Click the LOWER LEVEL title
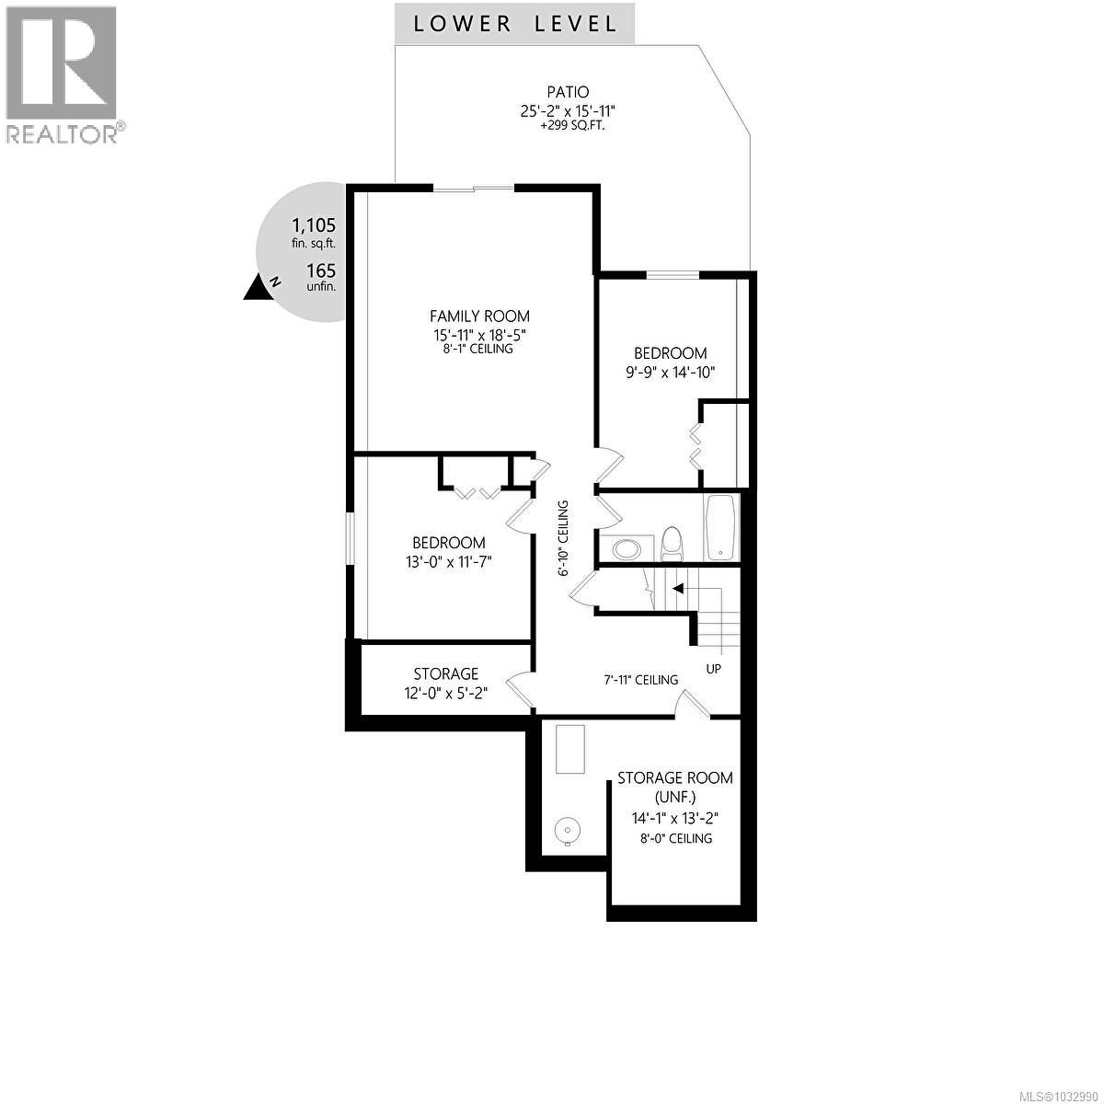coord(514,24)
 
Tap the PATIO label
coord(568,92)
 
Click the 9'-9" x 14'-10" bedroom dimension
coord(670,372)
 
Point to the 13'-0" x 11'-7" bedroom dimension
coord(449,562)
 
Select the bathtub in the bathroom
coord(722,528)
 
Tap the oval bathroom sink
coord(628,549)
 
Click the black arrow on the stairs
coord(678,588)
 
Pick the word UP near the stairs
coord(714,669)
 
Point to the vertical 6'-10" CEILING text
coord(564,538)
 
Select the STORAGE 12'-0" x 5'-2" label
coord(446,684)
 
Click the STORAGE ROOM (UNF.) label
coord(675,787)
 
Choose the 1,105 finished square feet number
coord(313,225)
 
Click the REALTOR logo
coord(62,74)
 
